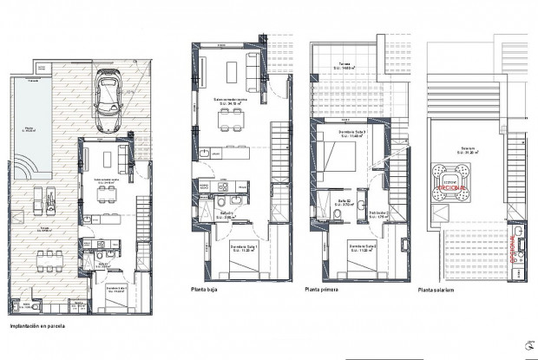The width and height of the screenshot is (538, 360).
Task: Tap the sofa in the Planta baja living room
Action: click(x=255, y=69)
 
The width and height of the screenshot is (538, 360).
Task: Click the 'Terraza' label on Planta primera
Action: click(x=344, y=64)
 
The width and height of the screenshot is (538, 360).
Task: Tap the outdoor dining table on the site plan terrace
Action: click(x=43, y=260)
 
